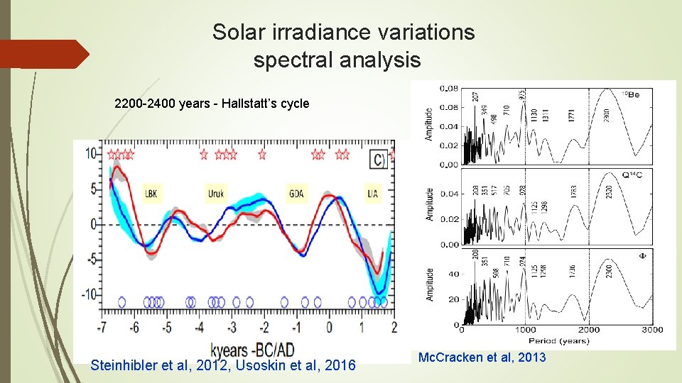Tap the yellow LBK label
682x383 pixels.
[x=151, y=193]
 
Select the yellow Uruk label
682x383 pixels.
[x=216, y=193]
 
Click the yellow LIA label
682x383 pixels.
[x=373, y=193]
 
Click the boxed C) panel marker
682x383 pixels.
[x=379, y=159]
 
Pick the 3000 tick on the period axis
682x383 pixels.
[x=652, y=330]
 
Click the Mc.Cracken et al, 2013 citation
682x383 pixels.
[x=482, y=357]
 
